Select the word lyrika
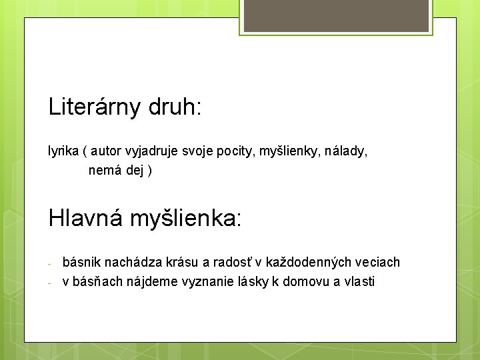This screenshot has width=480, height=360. [x=63, y=151]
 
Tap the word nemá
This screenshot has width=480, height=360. [x=104, y=171]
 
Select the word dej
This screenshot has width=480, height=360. [x=135, y=171]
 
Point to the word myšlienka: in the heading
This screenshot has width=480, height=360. [x=186, y=218]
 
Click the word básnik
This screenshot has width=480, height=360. [x=81, y=263]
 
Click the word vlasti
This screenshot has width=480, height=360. [x=359, y=281]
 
